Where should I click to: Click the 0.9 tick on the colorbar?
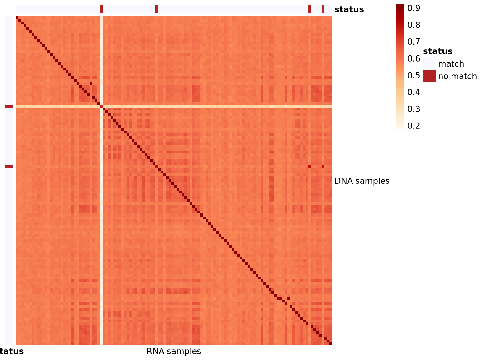click(x=413, y=8)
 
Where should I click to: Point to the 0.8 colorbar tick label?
click(x=413, y=25)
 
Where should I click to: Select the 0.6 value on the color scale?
click(x=413, y=59)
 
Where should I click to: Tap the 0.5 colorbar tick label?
click(x=413, y=75)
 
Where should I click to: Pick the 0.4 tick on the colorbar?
click(x=413, y=92)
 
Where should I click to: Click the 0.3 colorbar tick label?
click(x=413, y=109)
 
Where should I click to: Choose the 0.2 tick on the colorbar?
click(x=413, y=126)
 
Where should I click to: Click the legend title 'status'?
click(x=437, y=51)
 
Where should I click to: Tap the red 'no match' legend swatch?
click(x=429, y=76)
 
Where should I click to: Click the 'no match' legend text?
click(x=457, y=76)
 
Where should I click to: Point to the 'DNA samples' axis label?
click(x=362, y=181)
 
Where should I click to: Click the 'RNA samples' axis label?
click(x=174, y=352)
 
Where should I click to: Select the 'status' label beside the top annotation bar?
click(x=349, y=9)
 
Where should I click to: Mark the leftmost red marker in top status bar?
click(x=102, y=9)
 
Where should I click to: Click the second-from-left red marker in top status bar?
click(x=157, y=9)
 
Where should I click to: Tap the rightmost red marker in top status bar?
click(x=323, y=9)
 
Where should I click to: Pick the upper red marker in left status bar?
click(x=9, y=106)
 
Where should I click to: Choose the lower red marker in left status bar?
click(x=9, y=167)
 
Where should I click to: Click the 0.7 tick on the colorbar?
click(x=413, y=42)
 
